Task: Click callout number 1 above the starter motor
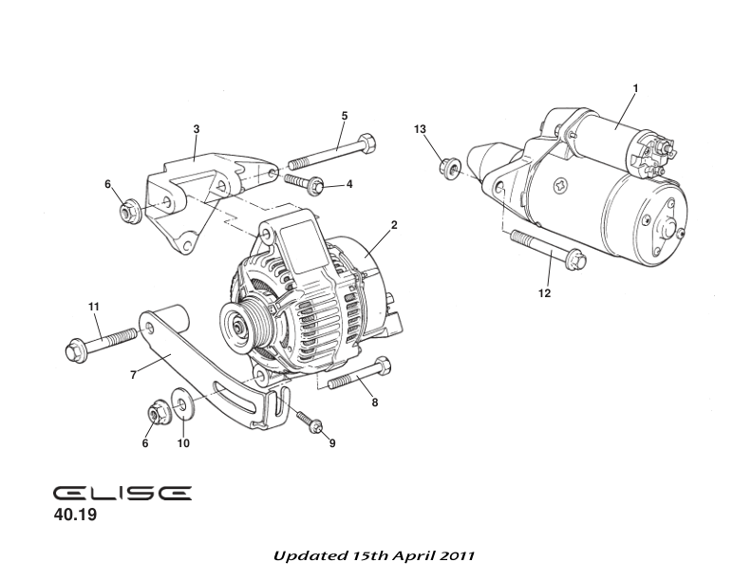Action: [635, 88]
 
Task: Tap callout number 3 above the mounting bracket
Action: [197, 128]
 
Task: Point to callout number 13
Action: [420, 128]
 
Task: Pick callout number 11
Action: [94, 306]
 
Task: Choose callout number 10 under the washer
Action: [184, 443]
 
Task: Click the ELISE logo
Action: [122, 494]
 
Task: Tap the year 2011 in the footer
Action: [456, 553]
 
